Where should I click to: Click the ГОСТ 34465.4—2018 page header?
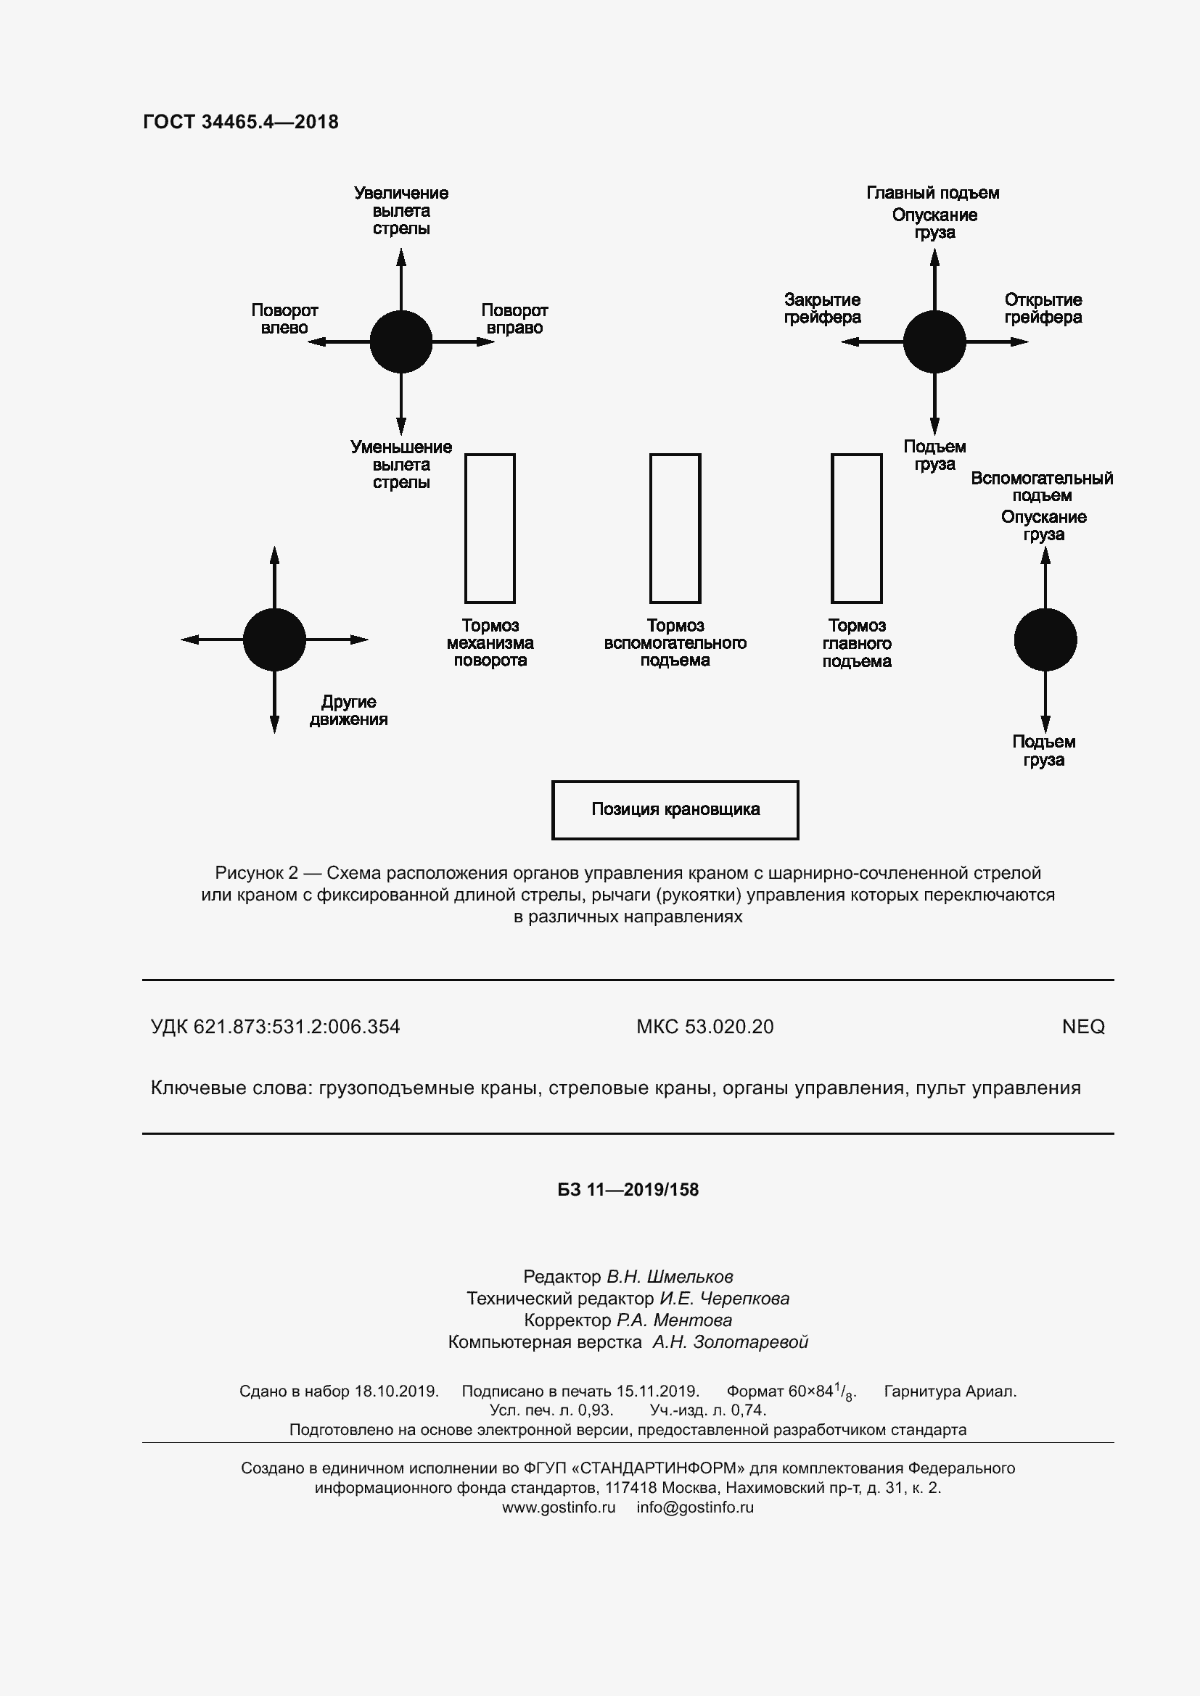pyautogui.click(x=241, y=122)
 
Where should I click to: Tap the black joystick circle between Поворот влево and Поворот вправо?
pyautogui.click(x=400, y=342)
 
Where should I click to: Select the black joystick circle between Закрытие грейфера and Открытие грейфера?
pyautogui.click(x=934, y=342)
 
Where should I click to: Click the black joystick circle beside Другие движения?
pyautogui.click(x=274, y=640)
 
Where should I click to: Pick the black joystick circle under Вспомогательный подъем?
pyautogui.click(x=1045, y=640)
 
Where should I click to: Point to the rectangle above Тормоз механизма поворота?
pyautogui.click(x=490, y=528)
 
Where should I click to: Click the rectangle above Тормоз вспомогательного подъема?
pyautogui.click(x=675, y=528)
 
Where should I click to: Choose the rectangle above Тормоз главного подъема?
pyautogui.click(x=856, y=528)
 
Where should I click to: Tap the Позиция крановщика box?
pyautogui.click(x=675, y=810)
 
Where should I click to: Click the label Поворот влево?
pyautogui.click(x=284, y=319)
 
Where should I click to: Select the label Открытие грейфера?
pyautogui.click(x=1043, y=309)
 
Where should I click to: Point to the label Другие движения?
pyautogui.click(x=348, y=711)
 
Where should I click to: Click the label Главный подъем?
pyautogui.click(x=932, y=193)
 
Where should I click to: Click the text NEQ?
pyautogui.click(x=1083, y=1027)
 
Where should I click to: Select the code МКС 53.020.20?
pyautogui.click(x=705, y=1027)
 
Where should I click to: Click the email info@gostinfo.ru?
pyautogui.click(x=695, y=1507)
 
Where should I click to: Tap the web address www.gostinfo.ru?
pyautogui.click(x=559, y=1507)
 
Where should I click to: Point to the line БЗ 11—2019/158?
pyautogui.click(x=628, y=1190)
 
